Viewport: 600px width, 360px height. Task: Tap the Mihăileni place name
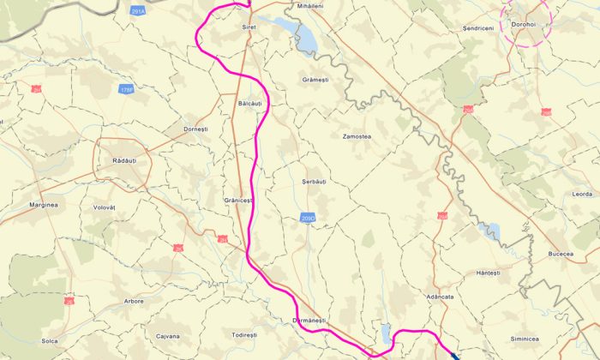[x=309, y=6]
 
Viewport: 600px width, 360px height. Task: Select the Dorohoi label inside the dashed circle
[x=523, y=24]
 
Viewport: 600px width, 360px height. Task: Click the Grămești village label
[x=315, y=80]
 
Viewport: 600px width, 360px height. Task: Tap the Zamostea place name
[x=356, y=136]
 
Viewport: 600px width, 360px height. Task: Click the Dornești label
[x=195, y=129]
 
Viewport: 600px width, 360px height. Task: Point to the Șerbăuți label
[x=315, y=183]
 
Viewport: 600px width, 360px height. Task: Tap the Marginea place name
[x=43, y=205]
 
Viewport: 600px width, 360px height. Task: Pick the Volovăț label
[x=110, y=207]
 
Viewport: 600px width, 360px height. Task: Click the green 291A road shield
[x=138, y=11]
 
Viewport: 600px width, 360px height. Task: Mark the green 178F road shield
[x=127, y=89]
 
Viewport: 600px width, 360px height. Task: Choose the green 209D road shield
[x=309, y=219]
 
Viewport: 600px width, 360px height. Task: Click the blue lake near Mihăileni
[x=306, y=38]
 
